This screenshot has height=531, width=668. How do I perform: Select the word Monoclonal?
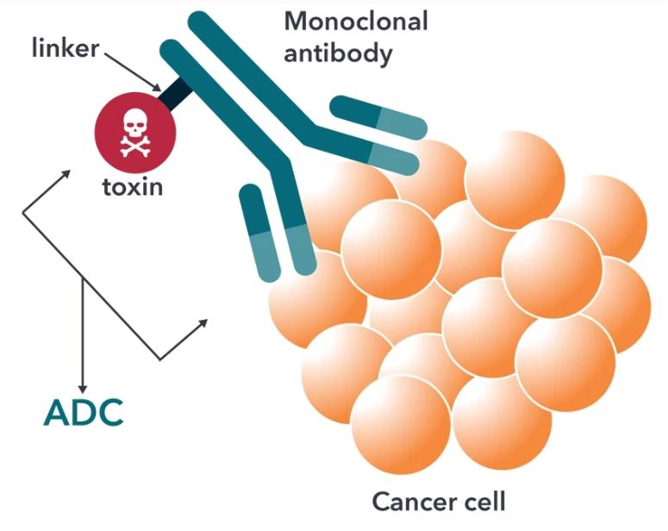[355, 21]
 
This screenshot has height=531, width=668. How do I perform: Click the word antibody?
[338, 54]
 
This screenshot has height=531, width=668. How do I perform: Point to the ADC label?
[84, 413]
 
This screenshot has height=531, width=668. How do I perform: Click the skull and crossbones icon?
[134, 134]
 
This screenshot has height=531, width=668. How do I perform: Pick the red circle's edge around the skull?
[98, 134]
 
